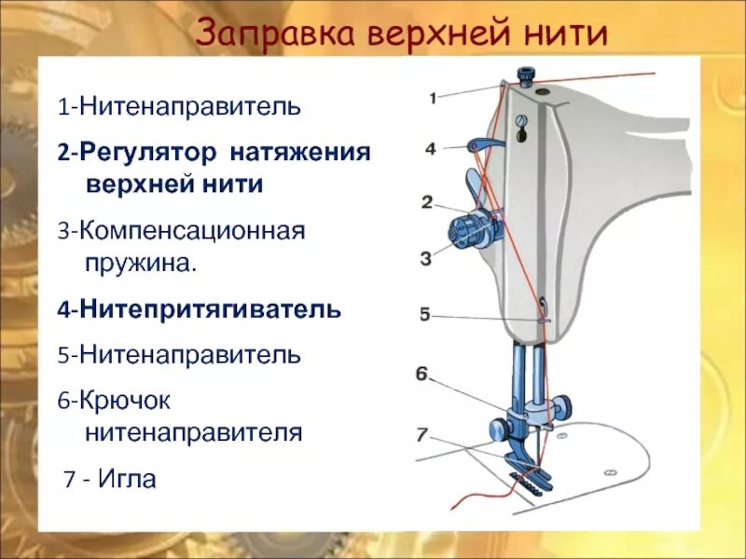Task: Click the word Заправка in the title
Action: (x=276, y=35)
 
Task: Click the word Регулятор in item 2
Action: (x=135, y=151)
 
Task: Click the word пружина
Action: (x=140, y=262)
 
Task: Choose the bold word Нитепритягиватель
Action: (x=210, y=308)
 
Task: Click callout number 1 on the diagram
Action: (x=433, y=97)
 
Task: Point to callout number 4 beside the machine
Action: (x=430, y=148)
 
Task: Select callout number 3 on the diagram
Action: (x=426, y=258)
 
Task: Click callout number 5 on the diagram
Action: (x=424, y=315)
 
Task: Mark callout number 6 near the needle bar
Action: (x=421, y=375)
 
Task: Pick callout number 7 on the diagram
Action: (x=421, y=434)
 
